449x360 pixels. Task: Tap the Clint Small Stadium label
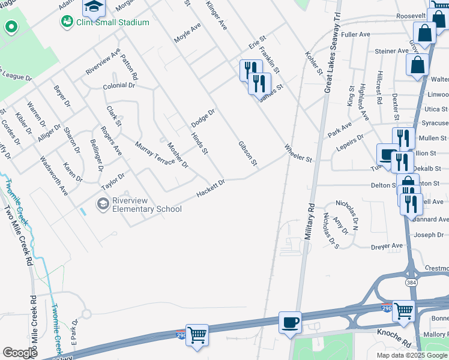tap(112, 22)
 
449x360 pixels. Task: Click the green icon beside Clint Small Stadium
tap(66, 22)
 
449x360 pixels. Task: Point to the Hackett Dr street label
tap(211, 188)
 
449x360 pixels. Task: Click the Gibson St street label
tap(247, 154)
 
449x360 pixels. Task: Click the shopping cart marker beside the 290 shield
tap(197, 335)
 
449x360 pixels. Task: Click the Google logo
tap(20, 353)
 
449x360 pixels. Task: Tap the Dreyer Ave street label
tap(387, 245)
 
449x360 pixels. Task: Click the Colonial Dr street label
tap(119, 86)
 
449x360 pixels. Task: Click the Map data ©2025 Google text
tap(412, 355)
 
